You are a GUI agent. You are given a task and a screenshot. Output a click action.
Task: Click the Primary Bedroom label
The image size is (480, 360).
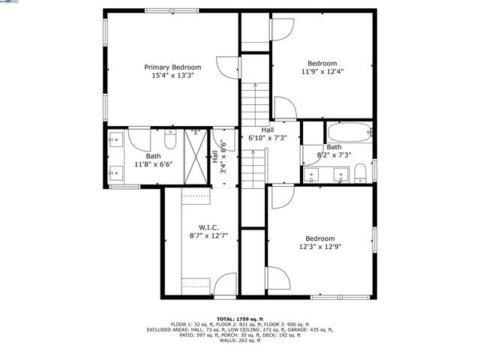coord(172,67)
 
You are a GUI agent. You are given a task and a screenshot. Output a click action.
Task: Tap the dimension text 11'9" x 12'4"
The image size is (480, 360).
coord(322,71)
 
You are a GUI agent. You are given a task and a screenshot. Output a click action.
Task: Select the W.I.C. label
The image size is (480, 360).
coord(208,226)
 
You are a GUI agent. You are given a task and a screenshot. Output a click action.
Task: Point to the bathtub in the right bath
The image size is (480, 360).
coord(349,133)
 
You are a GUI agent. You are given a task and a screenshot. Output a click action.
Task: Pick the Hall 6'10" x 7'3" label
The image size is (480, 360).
coord(268,134)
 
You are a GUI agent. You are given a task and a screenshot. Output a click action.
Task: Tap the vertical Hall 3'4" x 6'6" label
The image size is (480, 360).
coord(218,157)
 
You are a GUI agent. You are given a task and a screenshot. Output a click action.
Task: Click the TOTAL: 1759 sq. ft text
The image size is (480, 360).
coord(240,318)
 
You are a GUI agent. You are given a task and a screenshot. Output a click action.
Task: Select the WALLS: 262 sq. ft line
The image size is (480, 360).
coord(240,340)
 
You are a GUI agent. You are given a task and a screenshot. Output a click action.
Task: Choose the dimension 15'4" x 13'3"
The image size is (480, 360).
coord(172,75)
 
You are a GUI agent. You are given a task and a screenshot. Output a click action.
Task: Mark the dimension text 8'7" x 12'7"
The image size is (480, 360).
coord(208,235)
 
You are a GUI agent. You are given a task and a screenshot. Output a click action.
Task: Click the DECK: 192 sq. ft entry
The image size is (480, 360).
coord(284,335)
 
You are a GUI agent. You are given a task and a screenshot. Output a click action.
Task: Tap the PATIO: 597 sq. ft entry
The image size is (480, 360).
coord(196,335)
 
